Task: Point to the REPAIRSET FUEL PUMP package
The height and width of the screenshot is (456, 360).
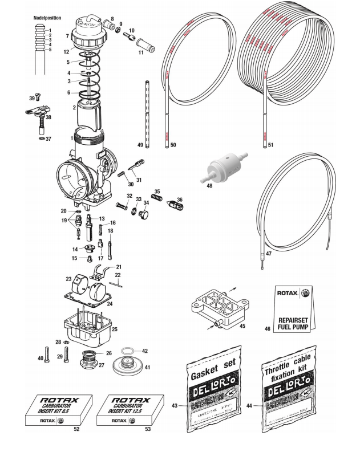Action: [x=293, y=311]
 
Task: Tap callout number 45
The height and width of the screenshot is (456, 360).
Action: [x=242, y=327]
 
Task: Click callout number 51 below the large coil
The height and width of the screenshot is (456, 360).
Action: [x=270, y=145]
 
